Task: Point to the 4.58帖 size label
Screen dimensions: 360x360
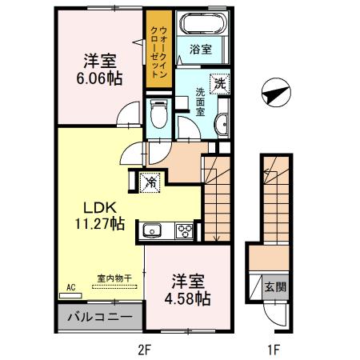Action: click(x=186, y=300)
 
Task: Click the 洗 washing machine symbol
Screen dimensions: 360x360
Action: click(x=218, y=81)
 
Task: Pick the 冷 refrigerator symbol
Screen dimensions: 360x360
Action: click(x=150, y=182)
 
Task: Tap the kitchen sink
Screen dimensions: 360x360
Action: click(x=152, y=232)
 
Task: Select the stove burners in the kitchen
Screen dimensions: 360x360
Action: click(x=184, y=232)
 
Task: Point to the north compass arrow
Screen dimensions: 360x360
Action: click(x=273, y=93)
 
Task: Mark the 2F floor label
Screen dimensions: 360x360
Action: click(x=144, y=349)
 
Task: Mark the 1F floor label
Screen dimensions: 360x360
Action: click(x=274, y=349)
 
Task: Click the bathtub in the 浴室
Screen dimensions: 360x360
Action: click(x=202, y=23)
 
